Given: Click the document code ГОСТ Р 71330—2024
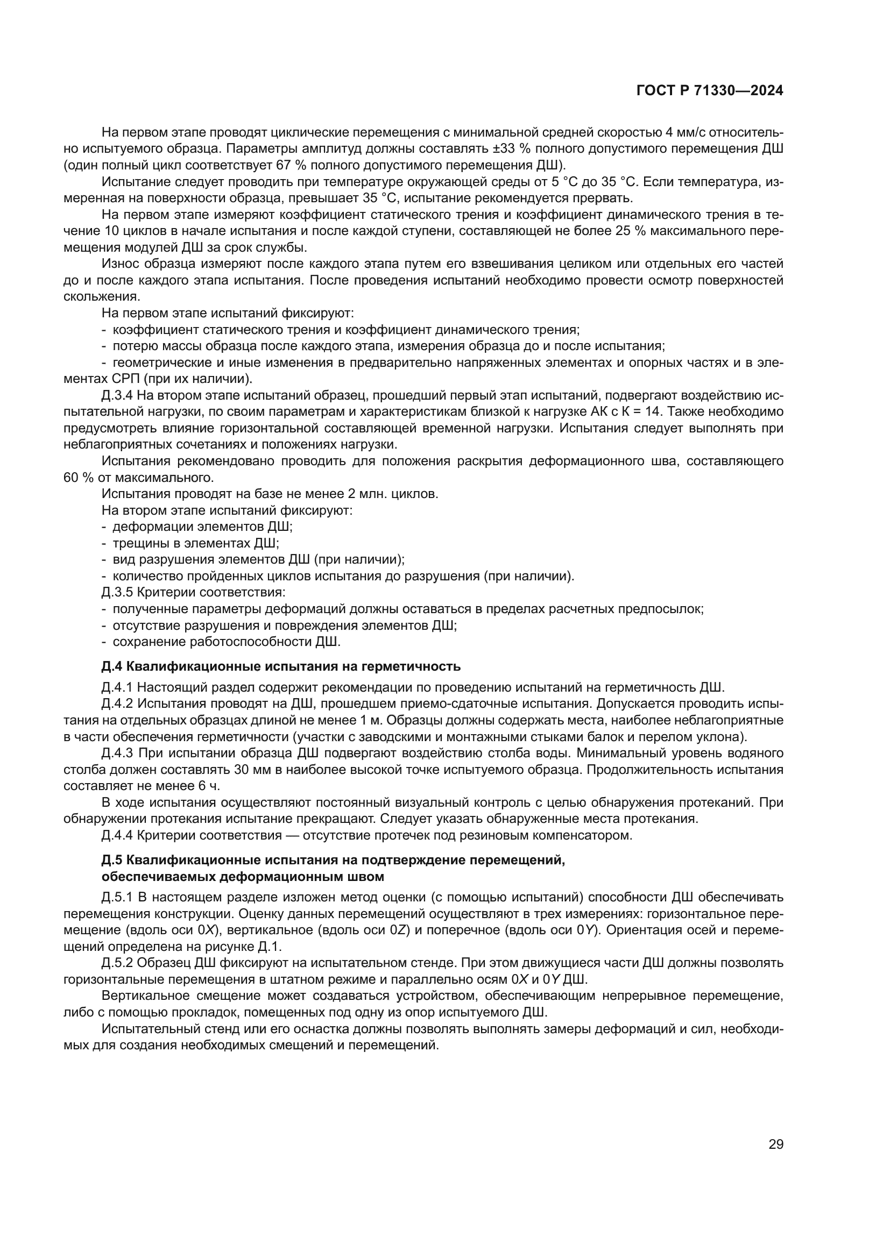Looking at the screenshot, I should [x=709, y=91].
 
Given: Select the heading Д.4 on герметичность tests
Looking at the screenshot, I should [x=280, y=666].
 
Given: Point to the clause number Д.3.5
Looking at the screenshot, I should [x=117, y=592].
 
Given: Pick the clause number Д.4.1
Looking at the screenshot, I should [x=117, y=687].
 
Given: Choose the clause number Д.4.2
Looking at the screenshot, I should [x=117, y=703].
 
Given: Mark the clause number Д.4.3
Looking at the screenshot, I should [x=117, y=753].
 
